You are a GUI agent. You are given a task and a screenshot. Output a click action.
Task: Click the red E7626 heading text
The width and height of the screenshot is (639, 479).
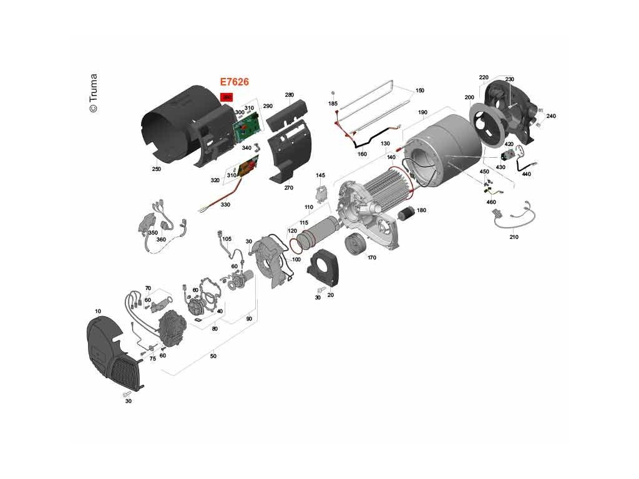point(235,82)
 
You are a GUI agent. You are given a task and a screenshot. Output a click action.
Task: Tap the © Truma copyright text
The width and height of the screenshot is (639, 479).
point(93,94)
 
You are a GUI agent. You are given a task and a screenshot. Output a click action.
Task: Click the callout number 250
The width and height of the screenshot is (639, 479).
point(156,169)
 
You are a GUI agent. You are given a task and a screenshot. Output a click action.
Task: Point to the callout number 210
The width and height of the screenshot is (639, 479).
point(514,237)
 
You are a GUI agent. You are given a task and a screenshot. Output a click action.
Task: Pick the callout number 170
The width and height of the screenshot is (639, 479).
point(372,257)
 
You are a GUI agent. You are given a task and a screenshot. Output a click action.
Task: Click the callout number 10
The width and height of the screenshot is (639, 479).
point(98,311)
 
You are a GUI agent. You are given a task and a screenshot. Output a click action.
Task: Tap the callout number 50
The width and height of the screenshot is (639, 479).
point(213,356)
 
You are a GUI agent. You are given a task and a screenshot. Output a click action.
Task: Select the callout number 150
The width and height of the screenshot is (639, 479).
point(419,90)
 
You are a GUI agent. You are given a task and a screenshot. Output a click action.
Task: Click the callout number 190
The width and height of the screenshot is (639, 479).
point(422,112)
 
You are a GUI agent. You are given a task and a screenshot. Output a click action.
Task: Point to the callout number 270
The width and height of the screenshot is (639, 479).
point(288,187)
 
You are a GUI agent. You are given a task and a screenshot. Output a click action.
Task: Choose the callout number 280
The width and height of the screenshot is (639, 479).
point(289,95)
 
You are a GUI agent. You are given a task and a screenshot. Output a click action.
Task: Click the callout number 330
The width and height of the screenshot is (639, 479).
point(225,204)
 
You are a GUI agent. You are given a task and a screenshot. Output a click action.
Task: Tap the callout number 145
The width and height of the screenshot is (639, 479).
point(321,175)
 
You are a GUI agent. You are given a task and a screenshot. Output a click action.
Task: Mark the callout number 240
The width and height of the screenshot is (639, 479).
point(551,116)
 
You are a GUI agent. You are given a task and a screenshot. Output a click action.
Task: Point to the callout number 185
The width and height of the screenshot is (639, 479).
point(333,104)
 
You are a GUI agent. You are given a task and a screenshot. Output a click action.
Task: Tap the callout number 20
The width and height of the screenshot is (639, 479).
point(330,295)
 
